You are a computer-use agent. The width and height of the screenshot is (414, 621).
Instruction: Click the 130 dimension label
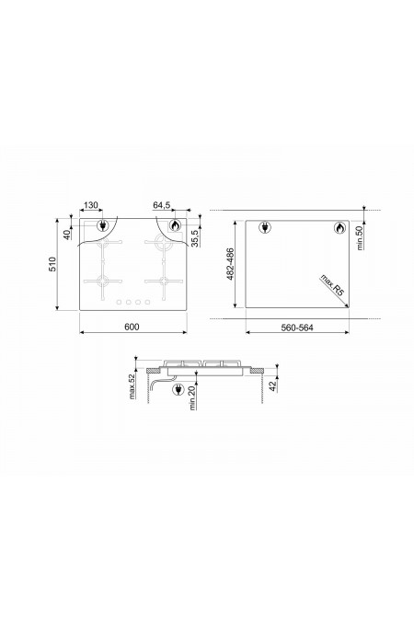coord(91,205)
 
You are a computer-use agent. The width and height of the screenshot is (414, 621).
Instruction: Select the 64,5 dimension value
coord(162,205)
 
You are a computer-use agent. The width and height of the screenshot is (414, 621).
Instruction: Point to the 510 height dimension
coord(52,264)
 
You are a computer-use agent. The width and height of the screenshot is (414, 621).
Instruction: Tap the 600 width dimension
coord(132,327)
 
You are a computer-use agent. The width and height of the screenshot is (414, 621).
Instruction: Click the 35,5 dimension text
coord(195,238)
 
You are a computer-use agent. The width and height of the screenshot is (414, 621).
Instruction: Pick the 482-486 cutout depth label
coord(230,264)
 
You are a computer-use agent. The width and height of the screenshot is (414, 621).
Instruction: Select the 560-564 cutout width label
coord(297,328)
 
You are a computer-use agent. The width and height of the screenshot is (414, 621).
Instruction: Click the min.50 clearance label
coord(360,236)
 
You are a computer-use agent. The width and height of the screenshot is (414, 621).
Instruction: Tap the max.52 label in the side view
coord(132,385)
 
